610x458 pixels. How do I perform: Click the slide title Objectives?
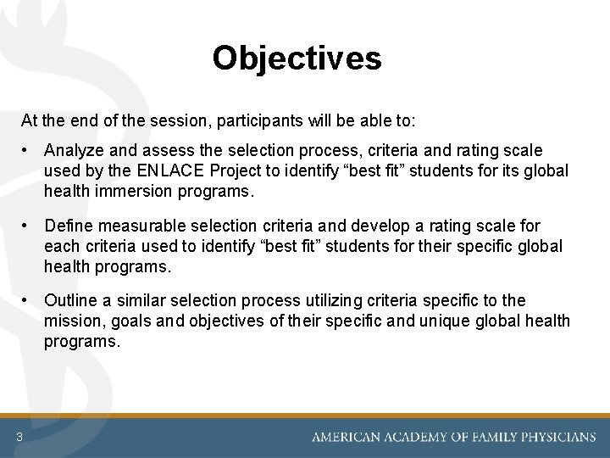pyautogui.click(x=297, y=59)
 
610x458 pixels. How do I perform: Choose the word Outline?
pyautogui.click(x=70, y=300)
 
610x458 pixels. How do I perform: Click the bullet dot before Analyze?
pyautogui.click(x=28, y=150)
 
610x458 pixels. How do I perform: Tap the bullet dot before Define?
pyautogui.click(x=28, y=226)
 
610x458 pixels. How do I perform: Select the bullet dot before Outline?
pyautogui.click(x=28, y=300)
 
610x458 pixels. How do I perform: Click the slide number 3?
pyautogui.click(x=18, y=437)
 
